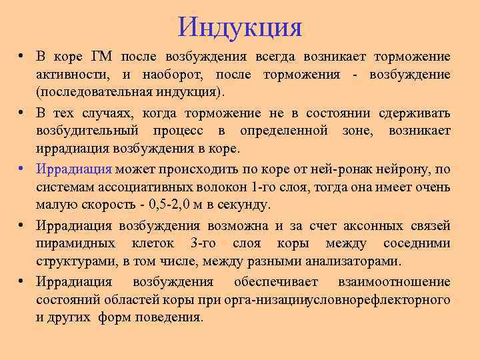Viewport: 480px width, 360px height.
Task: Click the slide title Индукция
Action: point(240,27)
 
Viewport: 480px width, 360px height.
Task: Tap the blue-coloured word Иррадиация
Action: point(74,169)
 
